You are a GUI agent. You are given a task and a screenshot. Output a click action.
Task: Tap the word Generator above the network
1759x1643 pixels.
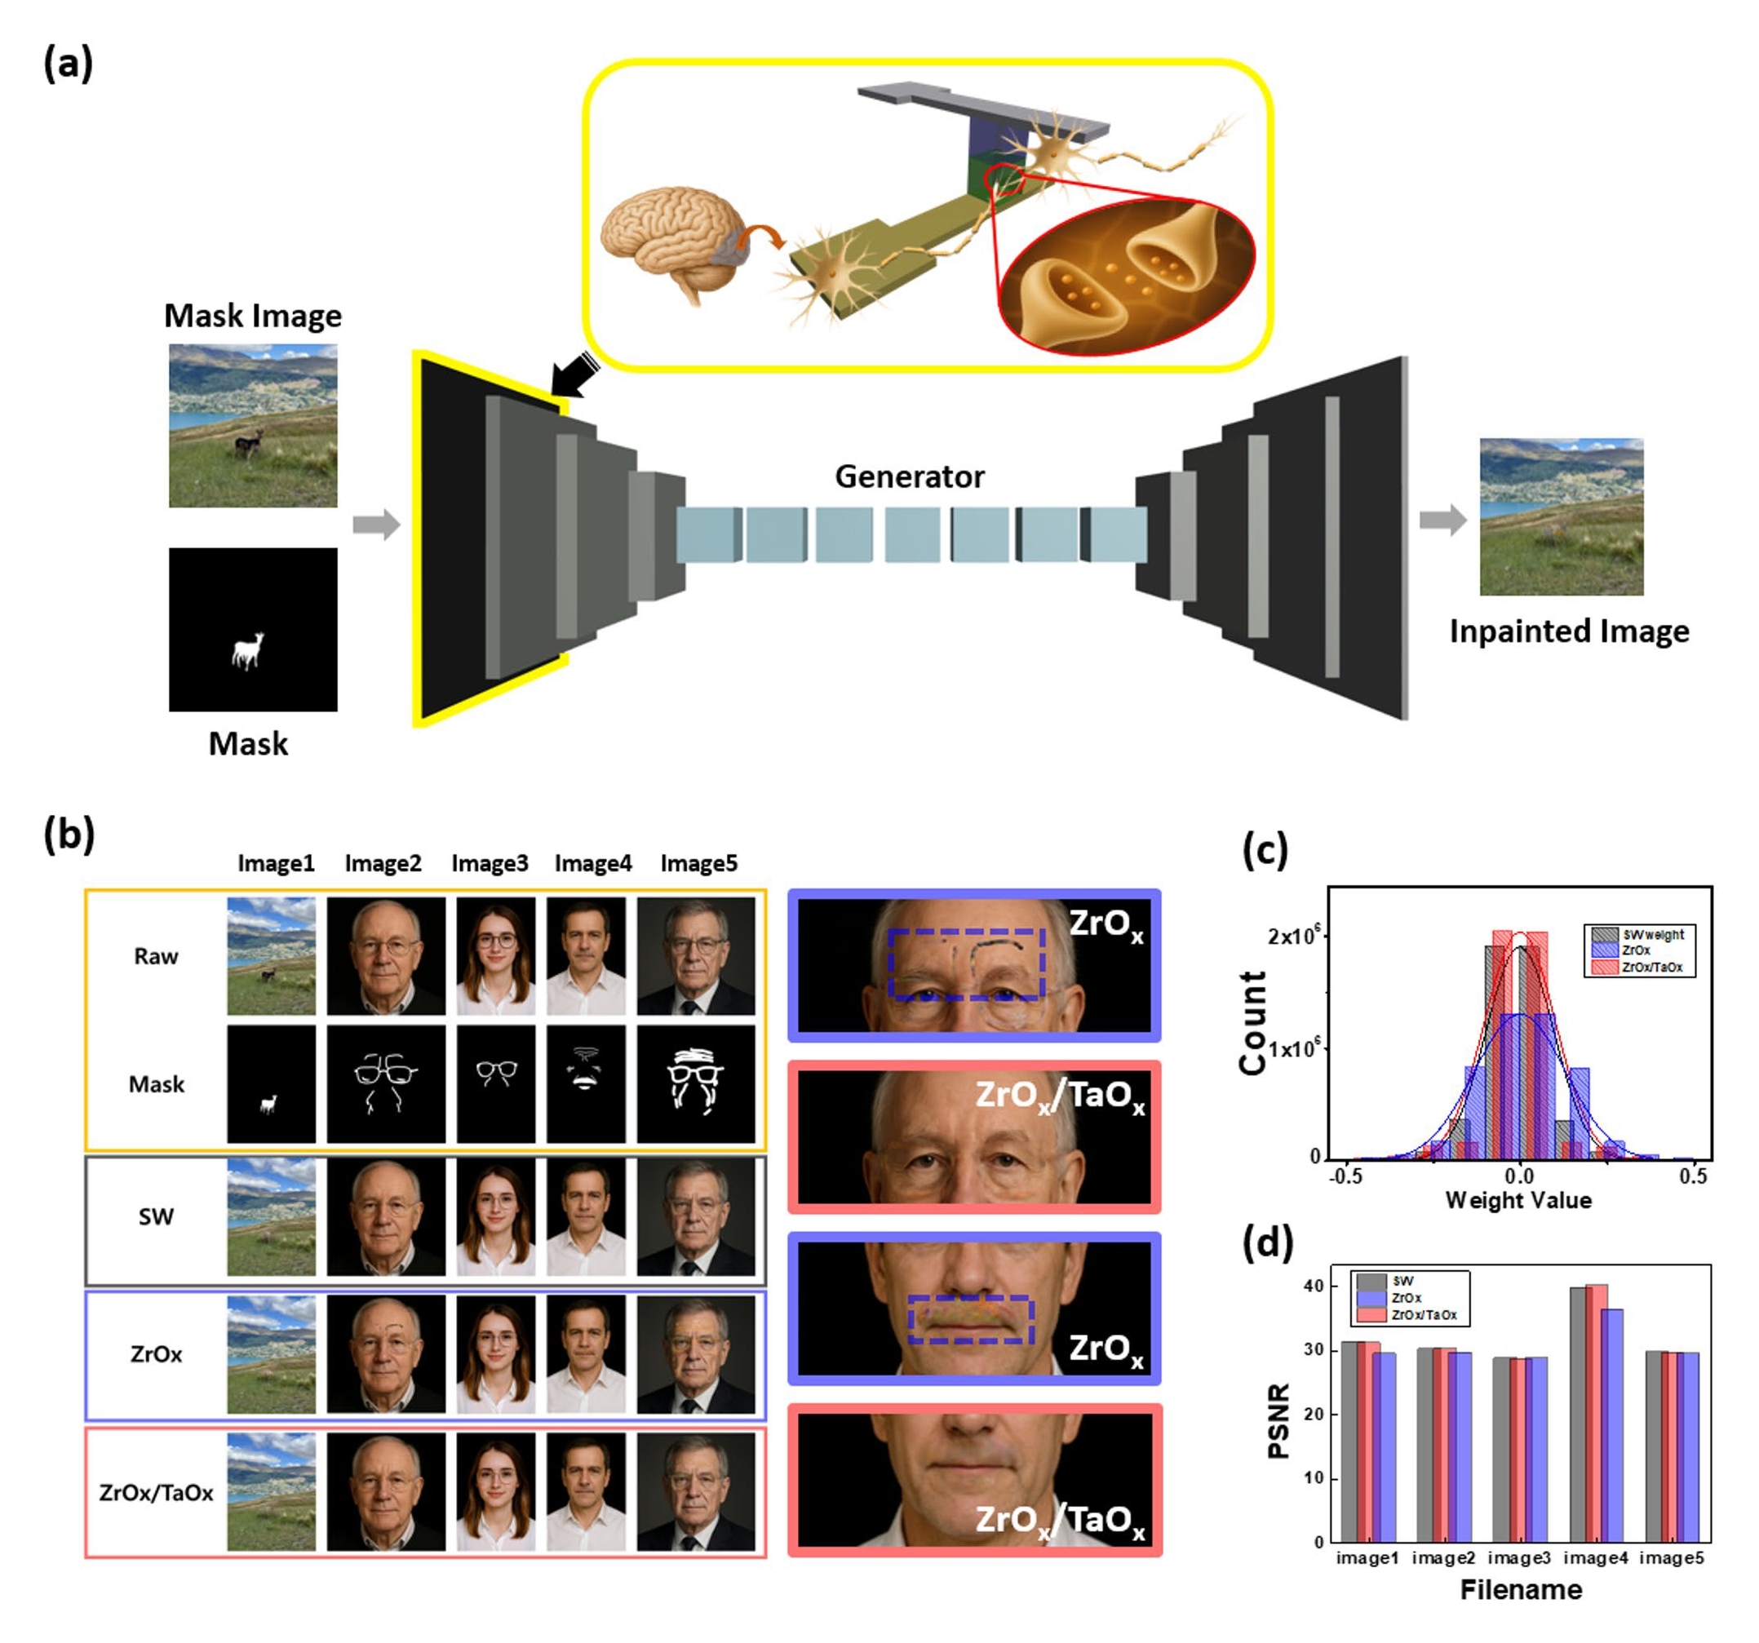click(x=909, y=477)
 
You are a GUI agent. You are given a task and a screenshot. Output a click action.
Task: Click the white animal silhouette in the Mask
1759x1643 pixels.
click(x=248, y=650)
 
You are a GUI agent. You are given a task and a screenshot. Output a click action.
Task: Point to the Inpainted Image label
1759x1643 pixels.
click(x=1568, y=631)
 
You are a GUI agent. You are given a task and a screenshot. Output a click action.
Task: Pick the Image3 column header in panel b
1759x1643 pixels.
click(x=490, y=862)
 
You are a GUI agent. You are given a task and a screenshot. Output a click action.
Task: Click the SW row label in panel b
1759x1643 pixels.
click(x=156, y=1216)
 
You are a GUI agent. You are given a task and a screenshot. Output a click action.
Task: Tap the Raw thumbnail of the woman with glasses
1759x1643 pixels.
click(x=495, y=955)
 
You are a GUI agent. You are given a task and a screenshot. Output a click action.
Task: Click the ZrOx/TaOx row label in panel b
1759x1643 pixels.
click(x=156, y=1493)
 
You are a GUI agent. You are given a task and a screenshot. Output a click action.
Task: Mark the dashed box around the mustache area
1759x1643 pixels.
click(x=971, y=1320)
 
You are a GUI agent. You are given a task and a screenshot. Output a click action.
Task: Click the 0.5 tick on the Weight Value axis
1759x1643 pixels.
click(x=1693, y=1176)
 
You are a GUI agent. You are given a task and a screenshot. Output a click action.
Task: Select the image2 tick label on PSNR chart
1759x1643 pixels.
click(x=1443, y=1557)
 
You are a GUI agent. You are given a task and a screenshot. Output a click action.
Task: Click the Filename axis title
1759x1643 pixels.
click(x=1520, y=1590)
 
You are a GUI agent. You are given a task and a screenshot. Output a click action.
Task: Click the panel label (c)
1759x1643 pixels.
click(x=1265, y=850)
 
